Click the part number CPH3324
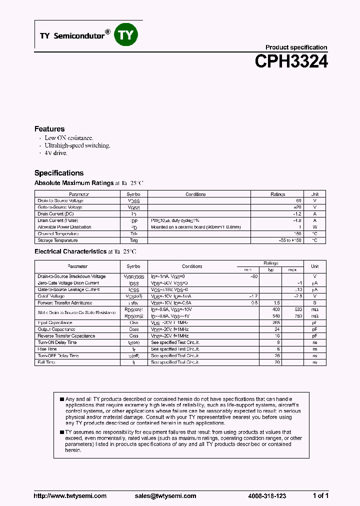coord(291,61)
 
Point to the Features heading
coord(49,129)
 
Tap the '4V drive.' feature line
coord(56,153)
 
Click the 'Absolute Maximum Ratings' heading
coord(74,183)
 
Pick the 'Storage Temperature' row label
coord(58,240)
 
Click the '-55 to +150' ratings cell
coord(291,240)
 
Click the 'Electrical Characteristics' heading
coord(70,251)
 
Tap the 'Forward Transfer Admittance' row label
coord(65,303)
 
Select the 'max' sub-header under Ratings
coord(292,270)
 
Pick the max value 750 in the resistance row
coord(298,316)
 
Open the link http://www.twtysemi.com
coord(70,496)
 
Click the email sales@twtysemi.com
coord(165,496)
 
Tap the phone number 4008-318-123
coord(267,496)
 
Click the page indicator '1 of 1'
coord(320,496)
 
